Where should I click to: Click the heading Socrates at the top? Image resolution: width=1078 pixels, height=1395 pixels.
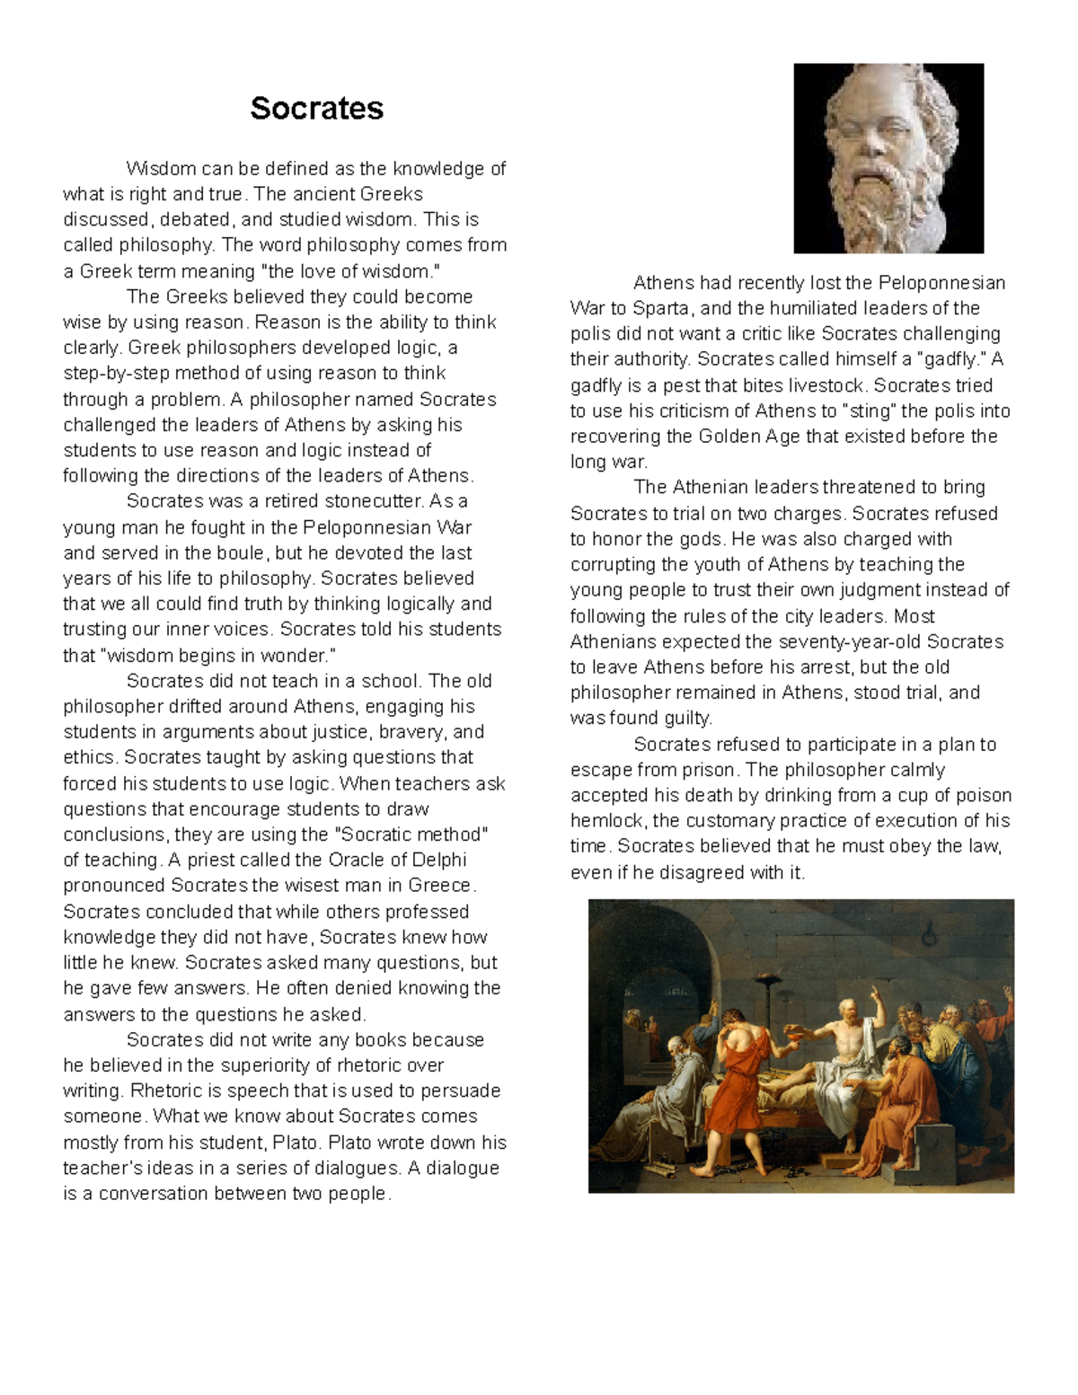(x=316, y=109)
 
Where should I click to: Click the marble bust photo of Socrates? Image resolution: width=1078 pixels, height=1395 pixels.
(x=888, y=158)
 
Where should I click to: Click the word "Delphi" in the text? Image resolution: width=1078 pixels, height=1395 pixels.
(x=439, y=860)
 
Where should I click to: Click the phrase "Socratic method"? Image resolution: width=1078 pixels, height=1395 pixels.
(x=411, y=834)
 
